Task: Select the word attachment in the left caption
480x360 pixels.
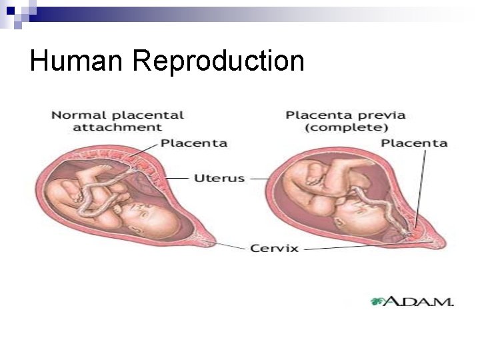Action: click(117, 127)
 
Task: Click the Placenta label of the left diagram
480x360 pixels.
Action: click(194, 143)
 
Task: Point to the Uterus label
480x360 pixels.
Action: click(219, 178)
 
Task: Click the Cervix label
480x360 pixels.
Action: click(274, 248)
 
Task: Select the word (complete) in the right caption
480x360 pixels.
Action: click(345, 127)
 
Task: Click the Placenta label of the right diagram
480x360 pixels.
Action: click(413, 143)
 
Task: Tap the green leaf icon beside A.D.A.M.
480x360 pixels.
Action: click(377, 301)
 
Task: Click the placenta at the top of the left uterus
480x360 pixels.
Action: click(137, 160)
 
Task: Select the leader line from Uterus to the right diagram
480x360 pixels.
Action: click(259, 179)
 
